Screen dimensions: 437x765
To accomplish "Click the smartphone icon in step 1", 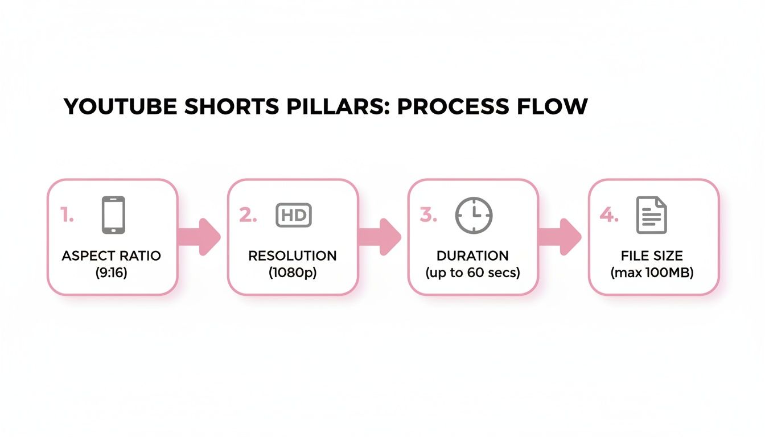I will pos(113,215).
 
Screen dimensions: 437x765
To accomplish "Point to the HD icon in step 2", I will pos(294,216).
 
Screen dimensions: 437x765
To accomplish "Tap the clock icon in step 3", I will pos(474,216).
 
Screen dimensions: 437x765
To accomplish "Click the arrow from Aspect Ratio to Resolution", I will pos(200,237).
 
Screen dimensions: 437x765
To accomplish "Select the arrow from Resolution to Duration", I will pos(380,237).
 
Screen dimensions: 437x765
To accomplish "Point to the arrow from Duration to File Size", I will pos(560,237).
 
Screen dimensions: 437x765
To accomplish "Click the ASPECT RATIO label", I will pos(111,256).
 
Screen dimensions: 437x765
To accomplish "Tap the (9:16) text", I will pos(112,273).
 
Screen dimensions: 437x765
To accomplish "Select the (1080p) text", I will pos(293,273).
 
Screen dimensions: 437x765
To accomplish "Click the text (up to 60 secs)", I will pos(472,273).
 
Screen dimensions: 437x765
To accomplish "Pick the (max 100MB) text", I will pos(652,273).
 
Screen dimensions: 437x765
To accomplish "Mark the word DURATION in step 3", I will pos(472,256).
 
